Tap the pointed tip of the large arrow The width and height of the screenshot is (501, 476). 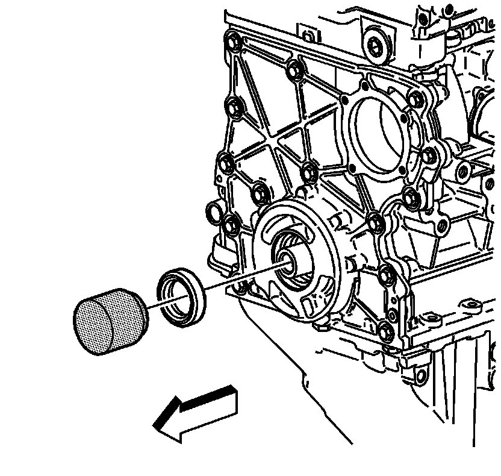tap(158, 426)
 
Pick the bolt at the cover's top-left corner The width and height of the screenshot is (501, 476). tap(232, 43)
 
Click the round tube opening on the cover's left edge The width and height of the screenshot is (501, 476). tap(213, 212)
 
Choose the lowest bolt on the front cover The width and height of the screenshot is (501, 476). tap(387, 330)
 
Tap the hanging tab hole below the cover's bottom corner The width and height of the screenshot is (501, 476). tap(240, 288)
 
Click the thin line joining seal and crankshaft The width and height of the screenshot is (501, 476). tap(241, 278)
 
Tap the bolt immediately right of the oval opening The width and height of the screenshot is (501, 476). tap(429, 155)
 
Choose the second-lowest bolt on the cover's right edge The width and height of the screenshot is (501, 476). tap(388, 275)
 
